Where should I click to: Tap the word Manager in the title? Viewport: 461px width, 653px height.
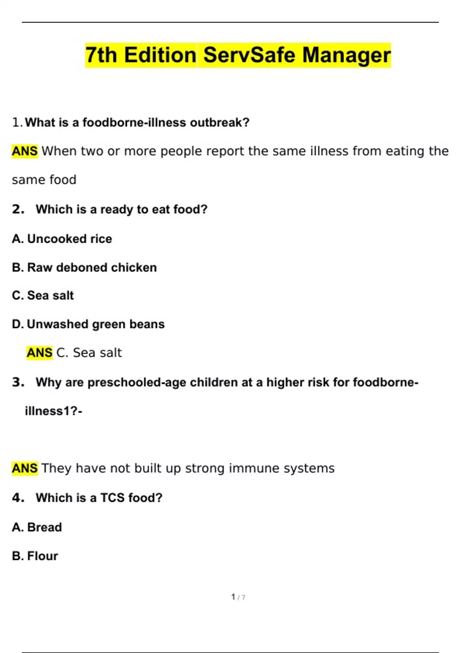[x=346, y=55]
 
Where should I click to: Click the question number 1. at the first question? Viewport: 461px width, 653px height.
[x=17, y=123]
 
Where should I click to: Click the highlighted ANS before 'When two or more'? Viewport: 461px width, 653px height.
[x=25, y=151]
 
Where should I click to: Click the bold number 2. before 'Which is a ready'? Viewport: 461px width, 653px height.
[x=18, y=209]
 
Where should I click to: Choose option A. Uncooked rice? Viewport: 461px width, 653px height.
[x=62, y=239]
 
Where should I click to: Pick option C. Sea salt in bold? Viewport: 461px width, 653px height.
[x=43, y=295]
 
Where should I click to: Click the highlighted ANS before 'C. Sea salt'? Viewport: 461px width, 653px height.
[x=40, y=353]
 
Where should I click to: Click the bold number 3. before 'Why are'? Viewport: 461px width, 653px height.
[x=18, y=382]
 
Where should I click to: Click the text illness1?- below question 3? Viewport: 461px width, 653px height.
[x=53, y=411]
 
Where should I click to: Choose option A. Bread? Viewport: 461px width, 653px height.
[x=37, y=527]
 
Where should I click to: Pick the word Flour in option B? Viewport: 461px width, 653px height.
[x=43, y=556]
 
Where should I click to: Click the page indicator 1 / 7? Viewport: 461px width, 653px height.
[x=238, y=597]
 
